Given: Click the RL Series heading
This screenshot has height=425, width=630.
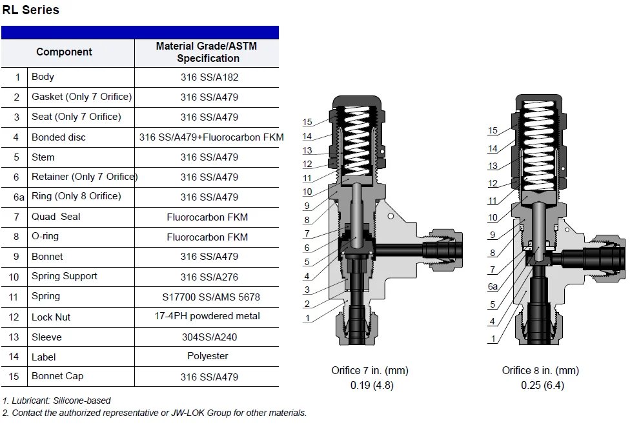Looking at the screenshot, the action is click(31, 10).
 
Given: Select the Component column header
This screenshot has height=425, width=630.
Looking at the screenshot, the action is click(65, 52).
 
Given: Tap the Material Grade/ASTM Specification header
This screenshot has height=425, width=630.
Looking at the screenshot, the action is click(207, 52).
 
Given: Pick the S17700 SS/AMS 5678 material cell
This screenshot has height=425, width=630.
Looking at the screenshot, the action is click(211, 297).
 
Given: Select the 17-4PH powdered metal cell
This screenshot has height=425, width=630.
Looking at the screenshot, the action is click(207, 316).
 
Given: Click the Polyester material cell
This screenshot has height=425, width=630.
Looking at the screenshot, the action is click(208, 356).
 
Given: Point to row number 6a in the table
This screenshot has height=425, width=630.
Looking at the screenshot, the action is click(19, 197).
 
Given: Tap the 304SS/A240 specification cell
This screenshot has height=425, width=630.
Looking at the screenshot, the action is click(209, 337).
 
